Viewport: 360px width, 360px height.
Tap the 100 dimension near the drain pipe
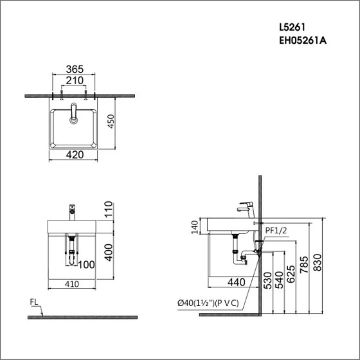point(86,264)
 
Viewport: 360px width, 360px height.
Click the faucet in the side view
point(246,208)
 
